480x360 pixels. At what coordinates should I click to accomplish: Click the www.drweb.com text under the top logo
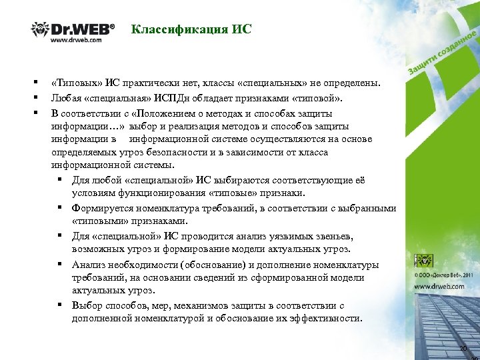click(x=77, y=40)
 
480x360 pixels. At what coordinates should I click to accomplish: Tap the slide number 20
click(x=463, y=349)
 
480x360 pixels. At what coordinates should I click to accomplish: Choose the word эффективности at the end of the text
click(x=329, y=319)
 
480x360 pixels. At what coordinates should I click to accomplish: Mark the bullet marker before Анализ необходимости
click(x=59, y=264)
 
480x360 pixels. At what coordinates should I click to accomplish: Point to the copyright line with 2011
click(x=445, y=273)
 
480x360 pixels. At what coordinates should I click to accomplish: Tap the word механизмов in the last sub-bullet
click(x=189, y=305)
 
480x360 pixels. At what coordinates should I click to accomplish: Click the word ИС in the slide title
click(x=242, y=29)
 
